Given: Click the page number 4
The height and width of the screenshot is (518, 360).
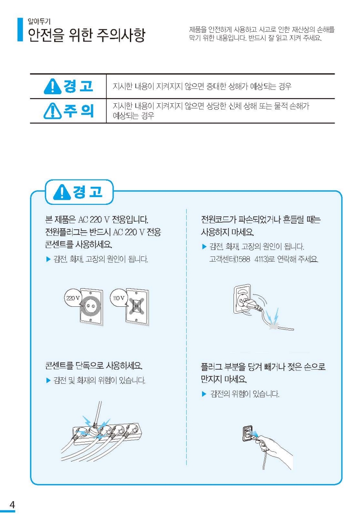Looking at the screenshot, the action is [x=12, y=504].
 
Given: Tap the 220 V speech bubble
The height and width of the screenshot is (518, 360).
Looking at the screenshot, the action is [x=73, y=298].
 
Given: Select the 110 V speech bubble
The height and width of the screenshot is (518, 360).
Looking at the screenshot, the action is [x=119, y=298].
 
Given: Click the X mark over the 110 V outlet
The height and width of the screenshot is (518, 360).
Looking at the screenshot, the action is [x=136, y=306].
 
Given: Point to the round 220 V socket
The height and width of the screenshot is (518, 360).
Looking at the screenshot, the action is [x=90, y=306].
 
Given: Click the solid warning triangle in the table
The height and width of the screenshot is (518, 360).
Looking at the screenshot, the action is [x=53, y=86].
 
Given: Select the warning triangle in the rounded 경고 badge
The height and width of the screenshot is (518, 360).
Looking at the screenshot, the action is [x=62, y=192].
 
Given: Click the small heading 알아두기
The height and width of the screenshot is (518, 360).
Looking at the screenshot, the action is [x=39, y=22].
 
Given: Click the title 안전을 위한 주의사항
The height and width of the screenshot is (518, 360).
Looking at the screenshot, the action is [x=86, y=35].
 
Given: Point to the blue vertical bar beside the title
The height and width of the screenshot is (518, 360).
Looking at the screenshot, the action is [x=20, y=30].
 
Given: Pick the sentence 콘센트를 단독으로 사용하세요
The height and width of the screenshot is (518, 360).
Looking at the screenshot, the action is [x=94, y=365].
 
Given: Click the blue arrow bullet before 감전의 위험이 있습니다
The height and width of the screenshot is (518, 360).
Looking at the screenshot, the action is [x=204, y=394].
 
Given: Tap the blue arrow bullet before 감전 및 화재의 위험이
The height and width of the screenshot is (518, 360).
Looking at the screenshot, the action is [x=48, y=380].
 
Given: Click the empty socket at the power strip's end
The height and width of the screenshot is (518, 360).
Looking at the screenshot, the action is [x=133, y=429].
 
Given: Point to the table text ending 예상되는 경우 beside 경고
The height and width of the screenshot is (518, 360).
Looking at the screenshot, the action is [x=202, y=86].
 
